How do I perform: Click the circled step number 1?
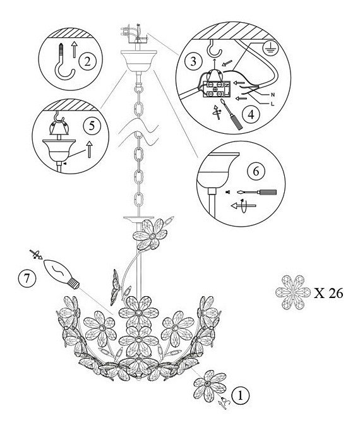pos(241,396)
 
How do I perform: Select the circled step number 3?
pos(193,61)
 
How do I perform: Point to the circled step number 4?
pos(251,114)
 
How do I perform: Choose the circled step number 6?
pos(256,171)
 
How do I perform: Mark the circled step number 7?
pos(27,279)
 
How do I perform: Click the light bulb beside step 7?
pos(61,274)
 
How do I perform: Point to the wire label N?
pos(273,95)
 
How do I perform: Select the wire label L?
pos(272,104)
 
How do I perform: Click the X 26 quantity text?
pos(328,293)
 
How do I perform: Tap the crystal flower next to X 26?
pos(293,292)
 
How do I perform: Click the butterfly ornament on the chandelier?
pos(116,287)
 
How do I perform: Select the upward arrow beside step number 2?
pos(74,49)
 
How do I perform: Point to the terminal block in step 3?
pos(215,89)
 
